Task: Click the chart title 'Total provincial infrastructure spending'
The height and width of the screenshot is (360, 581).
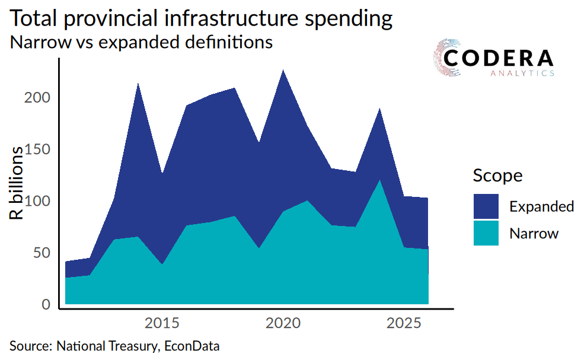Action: (x=202, y=19)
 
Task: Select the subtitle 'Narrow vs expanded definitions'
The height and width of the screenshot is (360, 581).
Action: (x=141, y=43)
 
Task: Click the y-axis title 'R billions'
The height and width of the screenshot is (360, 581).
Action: (x=18, y=183)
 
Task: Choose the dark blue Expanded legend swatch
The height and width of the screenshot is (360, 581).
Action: (x=486, y=206)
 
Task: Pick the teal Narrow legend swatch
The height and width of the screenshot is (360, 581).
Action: (x=486, y=233)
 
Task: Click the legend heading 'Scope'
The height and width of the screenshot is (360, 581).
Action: (x=497, y=176)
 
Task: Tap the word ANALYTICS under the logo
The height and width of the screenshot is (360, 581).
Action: (x=522, y=74)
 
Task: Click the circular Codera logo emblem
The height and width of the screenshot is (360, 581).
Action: (x=449, y=59)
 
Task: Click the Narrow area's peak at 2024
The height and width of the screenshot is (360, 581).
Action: (x=380, y=180)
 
